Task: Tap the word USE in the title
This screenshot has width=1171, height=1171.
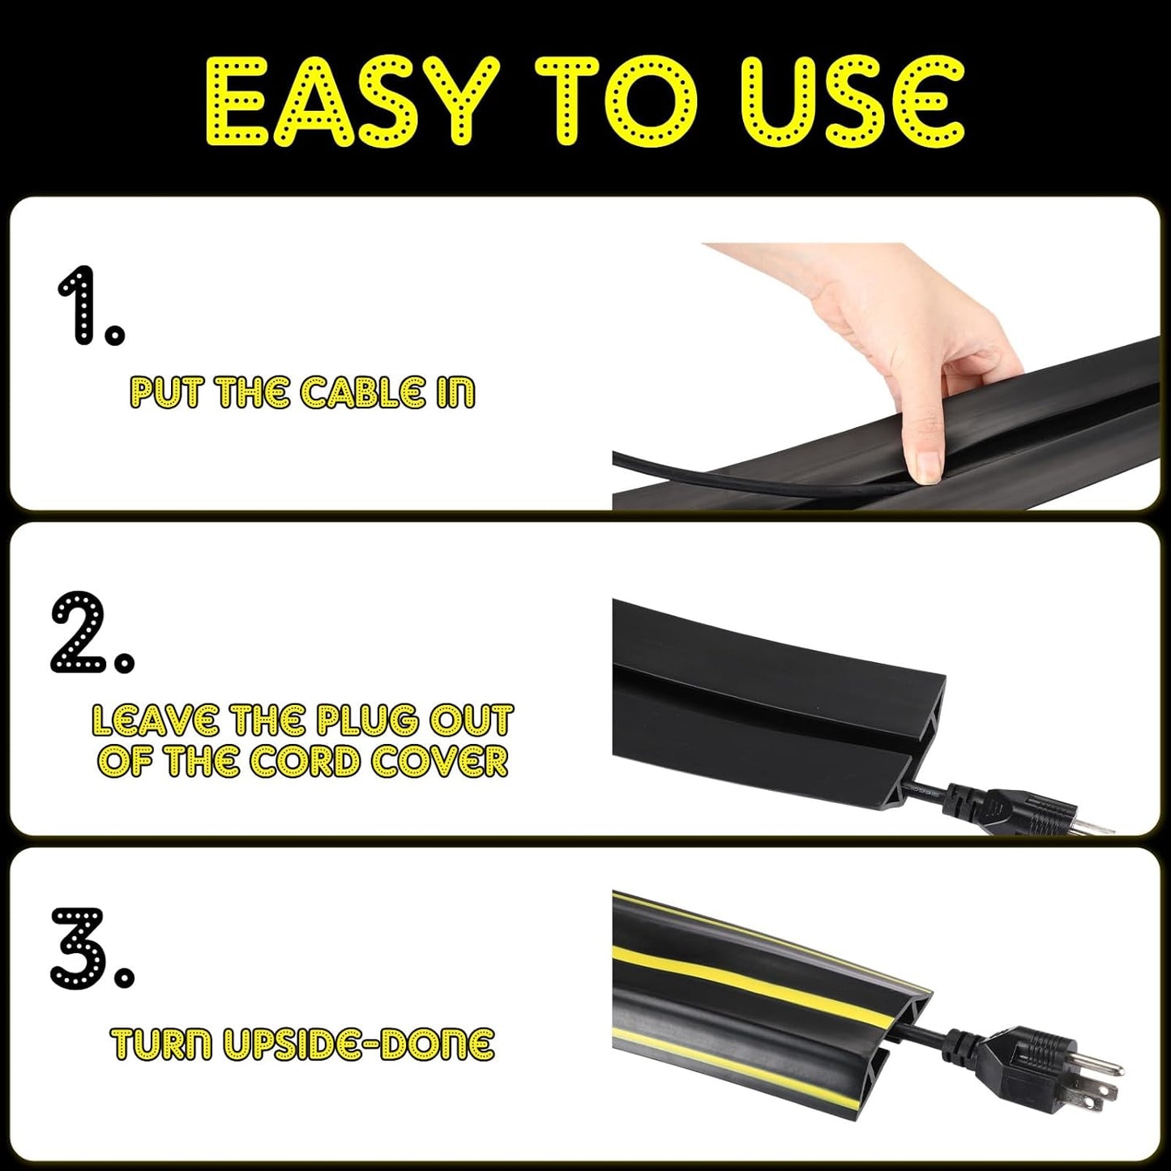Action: (852, 103)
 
